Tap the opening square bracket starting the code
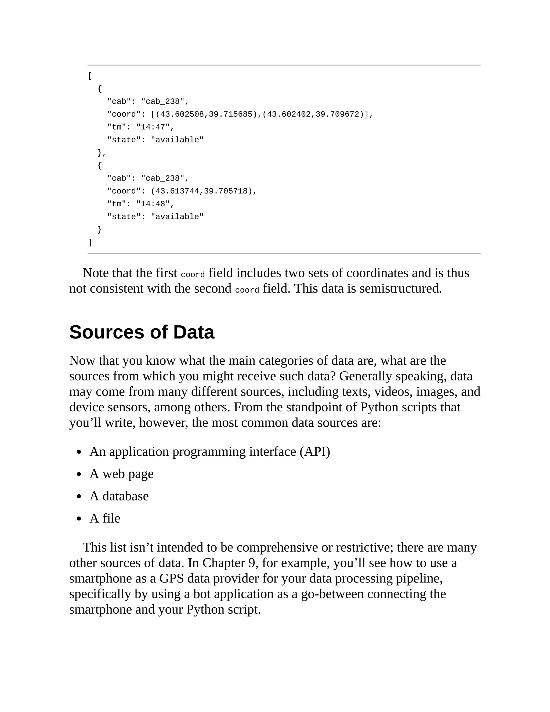click(x=90, y=76)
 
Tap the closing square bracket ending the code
click(x=90, y=242)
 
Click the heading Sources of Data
click(x=142, y=332)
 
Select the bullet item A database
click(x=119, y=496)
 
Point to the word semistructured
click(x=400, y=289)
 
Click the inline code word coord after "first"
click(x=193, y=275)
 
